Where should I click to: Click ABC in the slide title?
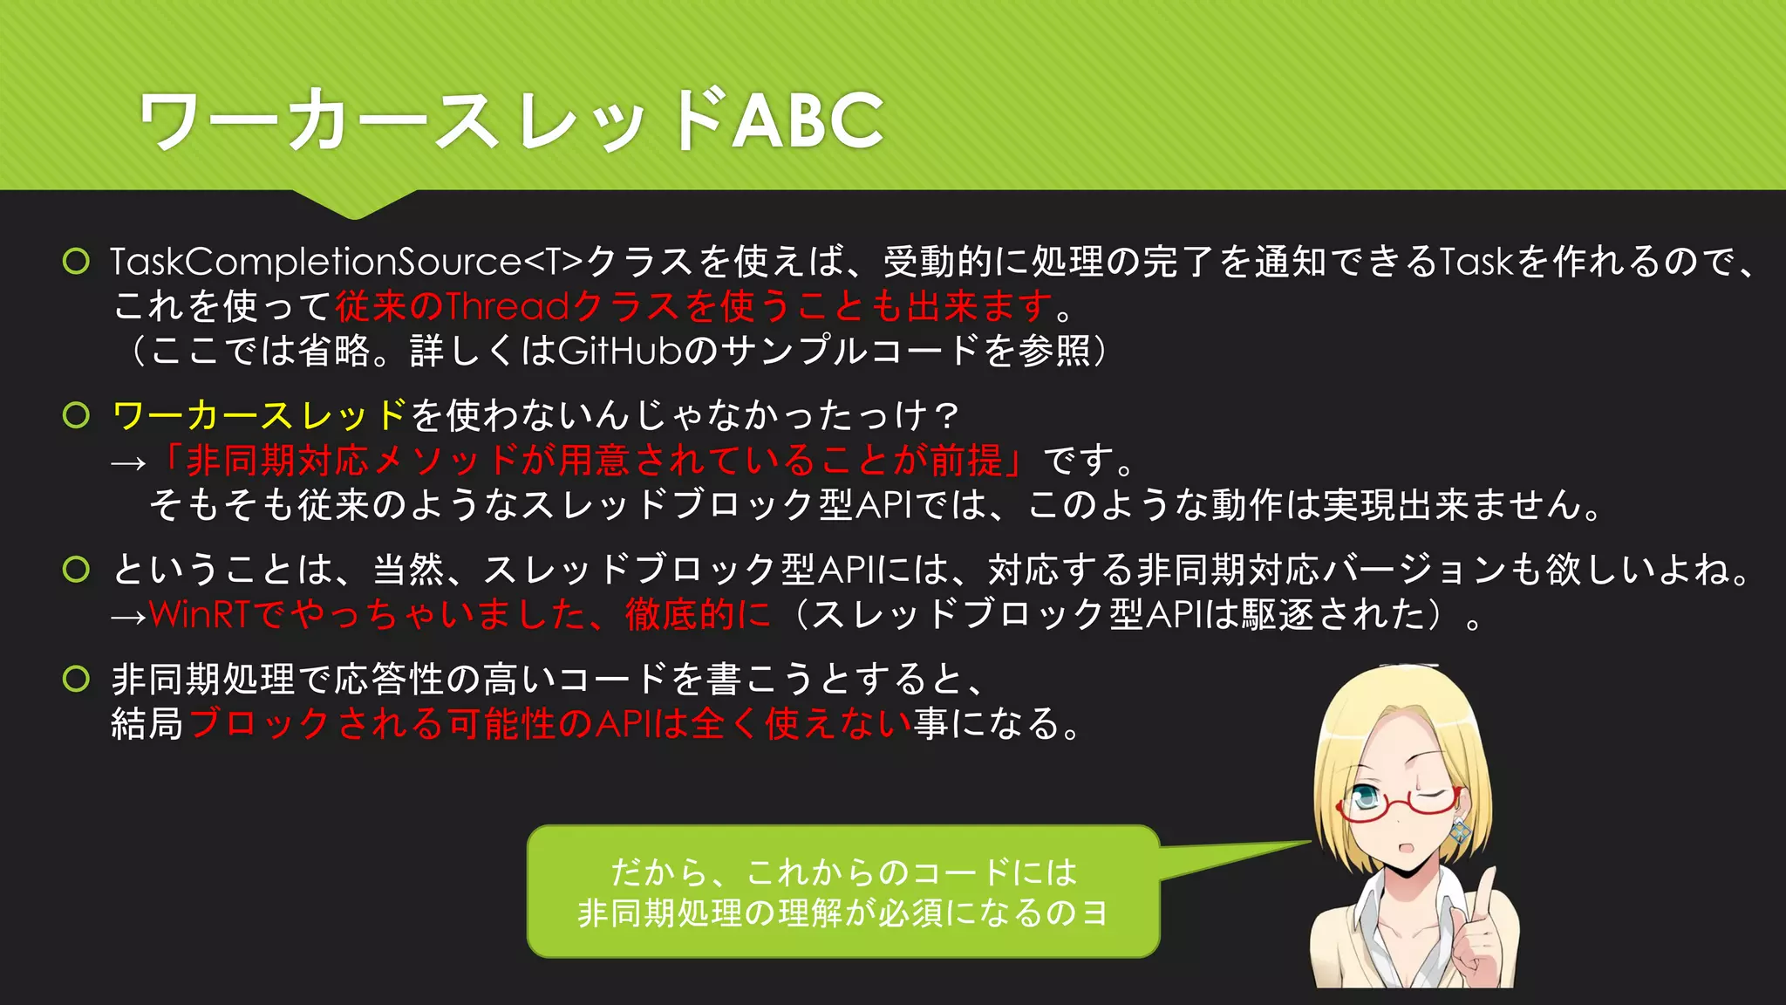click(x=808, y=120)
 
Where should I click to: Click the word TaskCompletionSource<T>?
click(x=345, y=262)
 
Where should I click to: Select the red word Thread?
click(x=508, y=306)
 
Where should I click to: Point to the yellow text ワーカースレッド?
click(x=260, y=415)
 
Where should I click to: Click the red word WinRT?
click(x=200, y=614)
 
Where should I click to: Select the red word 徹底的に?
click(x=698, y=614)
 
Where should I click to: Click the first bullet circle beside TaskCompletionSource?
click(x=77, y=261)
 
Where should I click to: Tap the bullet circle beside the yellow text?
click(x=77, y=415)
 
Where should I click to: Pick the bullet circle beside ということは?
click(x=77, y=570)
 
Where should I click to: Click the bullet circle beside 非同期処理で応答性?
click(x=77, y=679)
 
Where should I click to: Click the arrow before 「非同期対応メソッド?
click(x=128, y=463)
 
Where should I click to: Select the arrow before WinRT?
click(x=128, y=617)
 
